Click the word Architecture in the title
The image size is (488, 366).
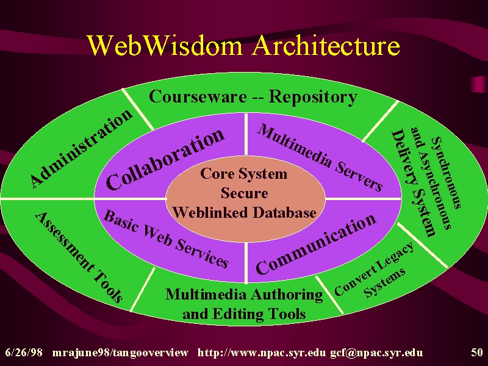pyautogui.click(x=326, y=45)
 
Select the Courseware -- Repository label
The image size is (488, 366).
pyautogui.click(x=253, y=96)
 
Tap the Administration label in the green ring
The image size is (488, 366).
pyautogui.click(x=82, y=149)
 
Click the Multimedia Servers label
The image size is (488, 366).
pyautogui.click(x=320, y=157)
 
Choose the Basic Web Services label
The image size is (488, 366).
pyautogui.click(x=166, y=239)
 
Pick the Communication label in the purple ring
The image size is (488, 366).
pyautogui.click(x=316, y=245)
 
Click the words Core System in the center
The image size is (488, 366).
pyautogui.click(x=243, y=173)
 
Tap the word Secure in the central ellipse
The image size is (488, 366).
pyautogui.click(x=245, y=193)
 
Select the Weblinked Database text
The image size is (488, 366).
pyautogui.click(x=245, y=212)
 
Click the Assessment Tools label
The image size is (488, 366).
pyautogui.click(x=79, y=257)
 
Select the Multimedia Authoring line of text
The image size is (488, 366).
pyautogui.click(x=244, y=295)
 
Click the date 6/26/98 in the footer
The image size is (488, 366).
pyautogui.click(x=24, y=353)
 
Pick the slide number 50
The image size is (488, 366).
pyautogui.click(x=477, y=353)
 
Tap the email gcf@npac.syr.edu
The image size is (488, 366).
pyautogui.click(x=376, y=353)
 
